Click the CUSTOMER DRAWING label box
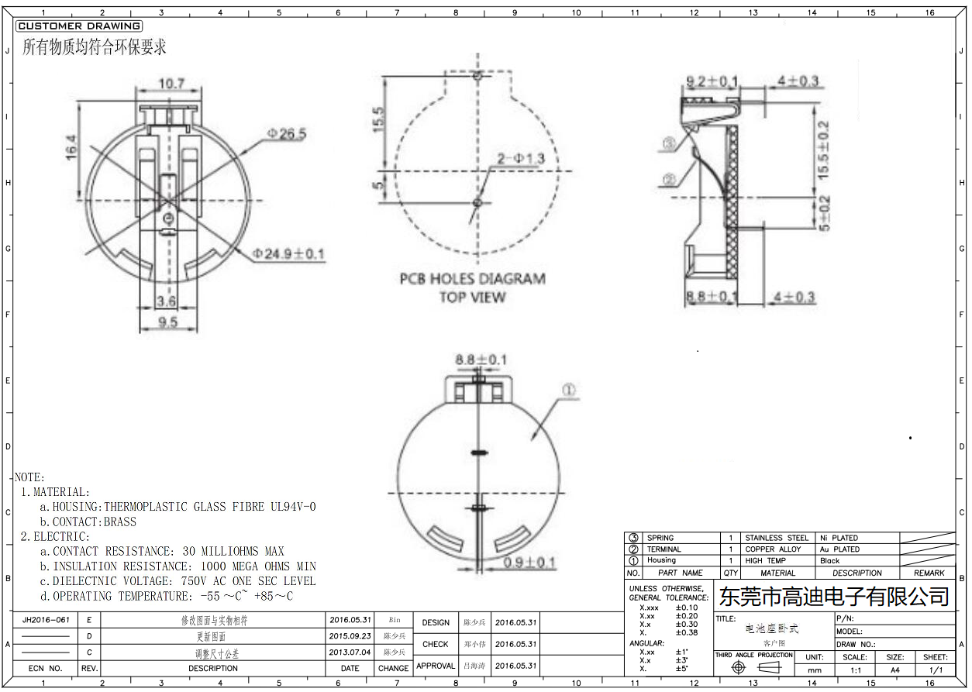pyautogui.click(x=78, y=26)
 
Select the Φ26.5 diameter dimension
pyautogui.click(x=286, y=134)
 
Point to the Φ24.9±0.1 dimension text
pyautogui.click(x=288, y=253)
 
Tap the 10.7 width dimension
pyautogui.click(x=171, y=83)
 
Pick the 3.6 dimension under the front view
pyautogui.click(x=166, y=301)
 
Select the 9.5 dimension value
pyautogui.click(x=168, y=322)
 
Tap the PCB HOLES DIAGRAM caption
pyautogui.click(x=472, y=279)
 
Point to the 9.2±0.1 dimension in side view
pyautogui.click(x=712, y=81)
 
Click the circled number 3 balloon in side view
pyautogui.click(x=670, y=143)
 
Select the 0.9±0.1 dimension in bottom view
pyautogui.click(x=529, y=563)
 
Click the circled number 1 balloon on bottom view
pyautogui.click(x=568, y=391)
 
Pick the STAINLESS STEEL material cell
pyautogui.click(x=777, y=538)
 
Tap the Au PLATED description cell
pyautogui.click(x=839, y=549)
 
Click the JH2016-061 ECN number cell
pyautogui.click(x=47, y=620)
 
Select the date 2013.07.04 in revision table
pyautogui.click(x=350, y=652)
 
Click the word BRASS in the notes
pyautogui.click(x=119, y=522)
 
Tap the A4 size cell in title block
pyautogui.click(x=894, y=670)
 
